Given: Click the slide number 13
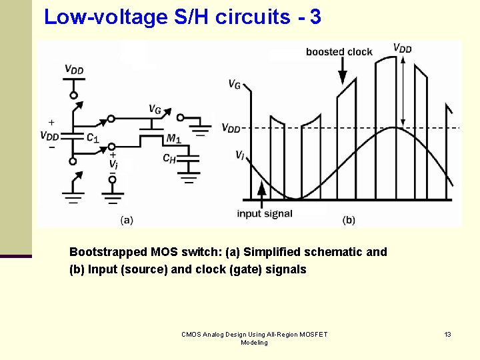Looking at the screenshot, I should coord(448,334).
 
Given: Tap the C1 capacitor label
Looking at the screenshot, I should coord(92,138).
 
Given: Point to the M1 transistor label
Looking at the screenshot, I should coord(173,139).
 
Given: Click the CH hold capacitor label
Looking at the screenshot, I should coord(169,158).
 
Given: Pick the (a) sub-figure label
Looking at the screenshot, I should coord(127,219).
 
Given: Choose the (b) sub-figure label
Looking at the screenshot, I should coord(349,219).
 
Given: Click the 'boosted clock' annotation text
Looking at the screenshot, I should coord(339,52).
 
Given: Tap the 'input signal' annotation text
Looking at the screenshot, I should coord(265,213).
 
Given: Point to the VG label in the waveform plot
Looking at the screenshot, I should coord(235,84).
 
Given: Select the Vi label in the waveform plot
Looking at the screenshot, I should coord(239,155).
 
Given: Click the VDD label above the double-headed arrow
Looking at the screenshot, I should coord(402,47).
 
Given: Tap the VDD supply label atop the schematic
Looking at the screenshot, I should coord(74,69).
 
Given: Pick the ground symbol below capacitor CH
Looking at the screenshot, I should coord(191,177).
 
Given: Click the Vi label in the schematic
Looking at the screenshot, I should coord(113,164).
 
